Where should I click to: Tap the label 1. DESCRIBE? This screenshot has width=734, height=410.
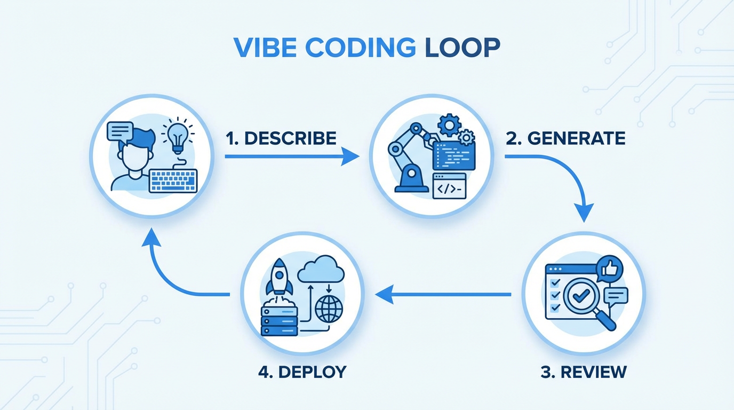click(281, 138)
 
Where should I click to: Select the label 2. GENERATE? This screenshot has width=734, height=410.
click(565, 138)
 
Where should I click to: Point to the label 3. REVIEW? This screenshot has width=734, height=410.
click(584, 372)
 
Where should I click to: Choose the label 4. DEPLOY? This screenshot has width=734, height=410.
click(302, 372)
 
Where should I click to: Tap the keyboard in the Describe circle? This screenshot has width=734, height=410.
click(173, 180)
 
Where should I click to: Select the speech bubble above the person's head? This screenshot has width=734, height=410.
click(120, 131)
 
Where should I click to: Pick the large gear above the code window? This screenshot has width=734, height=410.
click(449, 125)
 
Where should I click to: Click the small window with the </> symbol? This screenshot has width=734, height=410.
click(449, 186)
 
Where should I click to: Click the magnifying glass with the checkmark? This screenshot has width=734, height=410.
click(585, 297)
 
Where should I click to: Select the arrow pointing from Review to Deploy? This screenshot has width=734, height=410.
click(443, 294)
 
